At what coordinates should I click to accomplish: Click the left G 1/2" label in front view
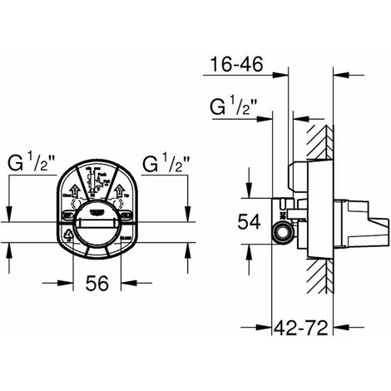click(x=31, y=160)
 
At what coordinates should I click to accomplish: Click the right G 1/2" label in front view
click(x=166, y=160)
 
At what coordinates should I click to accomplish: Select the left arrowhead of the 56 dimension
click(x=70, y=265)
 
